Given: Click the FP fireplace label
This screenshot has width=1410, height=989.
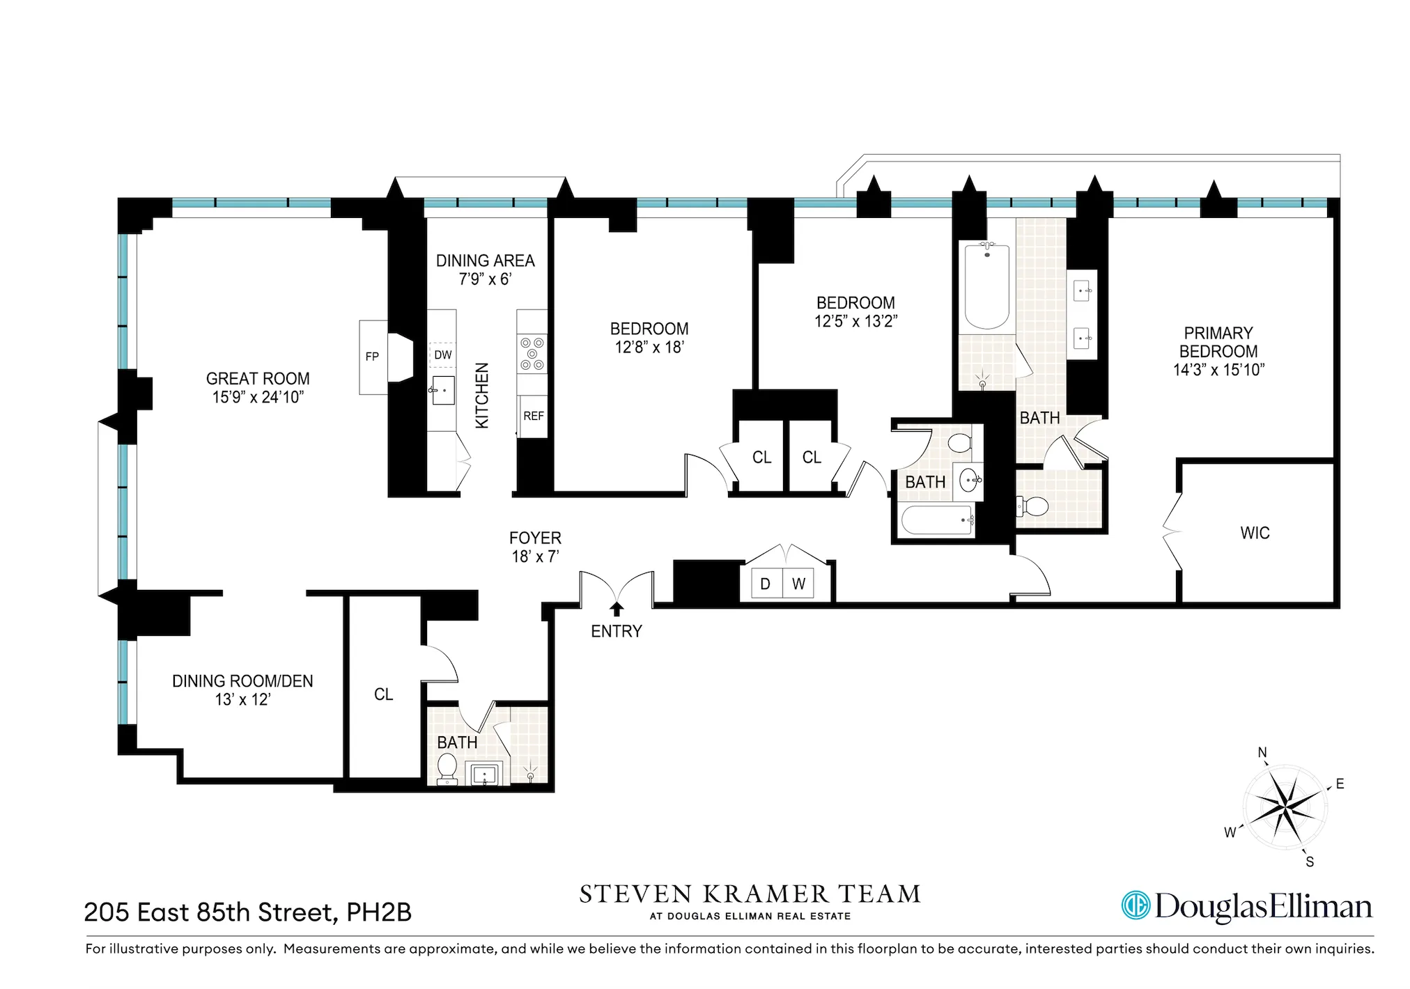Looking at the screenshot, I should tap(372, 357).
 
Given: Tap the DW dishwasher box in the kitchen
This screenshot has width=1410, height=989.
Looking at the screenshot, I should tap(442, 355).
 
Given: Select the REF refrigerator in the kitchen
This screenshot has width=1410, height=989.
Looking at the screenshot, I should tap(534, 416).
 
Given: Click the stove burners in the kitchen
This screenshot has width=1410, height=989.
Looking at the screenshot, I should tap(532, 354).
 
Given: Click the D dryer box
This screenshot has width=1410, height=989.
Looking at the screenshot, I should tap(765, 584).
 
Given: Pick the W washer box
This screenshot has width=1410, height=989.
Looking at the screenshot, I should tap(798, 584).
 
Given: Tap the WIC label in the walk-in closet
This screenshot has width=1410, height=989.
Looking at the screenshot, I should tap(1255, 533).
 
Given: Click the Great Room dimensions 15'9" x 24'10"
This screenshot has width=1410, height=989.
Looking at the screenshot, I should tap(258, 397).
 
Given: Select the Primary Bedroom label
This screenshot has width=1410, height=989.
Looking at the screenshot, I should tap(1218, 342).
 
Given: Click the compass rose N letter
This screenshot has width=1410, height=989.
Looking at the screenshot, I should tap(1262, 752).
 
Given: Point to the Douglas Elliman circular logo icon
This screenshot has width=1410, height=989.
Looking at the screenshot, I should tap(1135, 905).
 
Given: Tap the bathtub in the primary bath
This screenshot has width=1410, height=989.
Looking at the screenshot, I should tap(986, 286).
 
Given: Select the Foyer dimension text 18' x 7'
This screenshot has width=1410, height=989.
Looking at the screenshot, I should tap(535, 556).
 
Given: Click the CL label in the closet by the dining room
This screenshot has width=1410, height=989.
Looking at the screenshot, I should tap(383, 694).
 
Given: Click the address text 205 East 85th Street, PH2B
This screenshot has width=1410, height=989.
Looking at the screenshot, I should tap(248, 912).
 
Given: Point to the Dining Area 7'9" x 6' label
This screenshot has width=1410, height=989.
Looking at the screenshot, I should tap(485, 270).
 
